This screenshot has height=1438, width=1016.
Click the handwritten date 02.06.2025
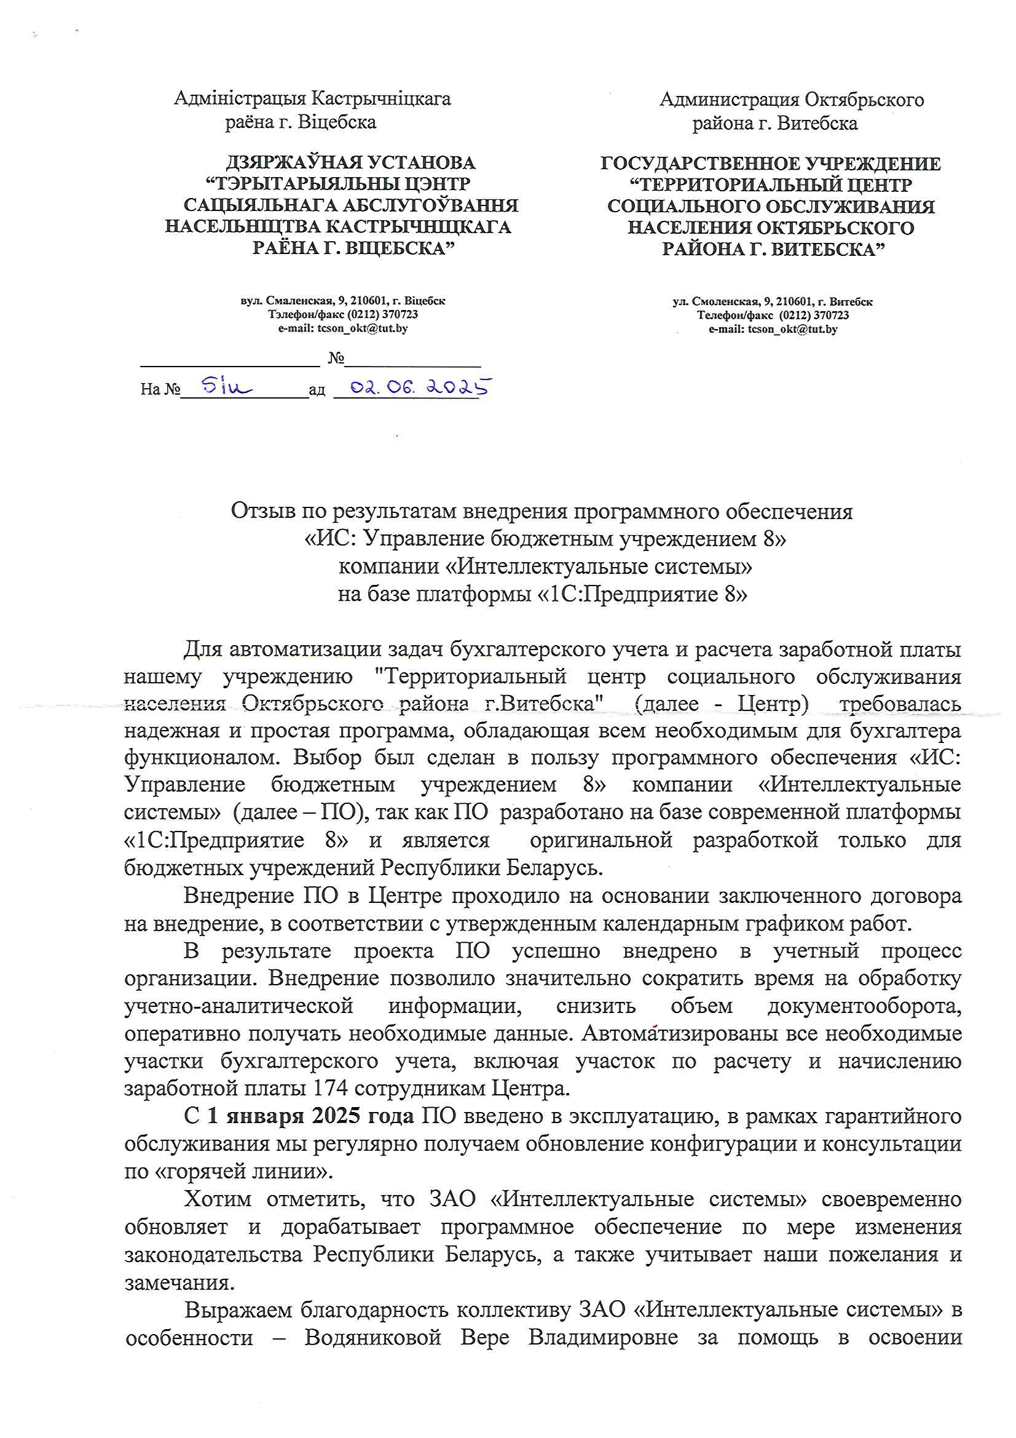[x=420, y=387]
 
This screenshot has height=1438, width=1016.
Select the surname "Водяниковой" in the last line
[x=372, y=1337]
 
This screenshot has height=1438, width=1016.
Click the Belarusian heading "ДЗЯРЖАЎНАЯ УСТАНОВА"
[x=350, y=163]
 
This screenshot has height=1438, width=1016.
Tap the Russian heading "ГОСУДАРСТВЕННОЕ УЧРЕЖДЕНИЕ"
[x=770, y=164]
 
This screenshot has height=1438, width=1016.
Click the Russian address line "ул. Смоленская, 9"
[x=772, y=302]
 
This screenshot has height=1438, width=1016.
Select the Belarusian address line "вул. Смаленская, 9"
[x=342, y=301]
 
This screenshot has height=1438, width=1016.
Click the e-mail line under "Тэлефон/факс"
[x=342, y=328]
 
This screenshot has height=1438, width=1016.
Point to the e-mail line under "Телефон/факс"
[x=773, y=330]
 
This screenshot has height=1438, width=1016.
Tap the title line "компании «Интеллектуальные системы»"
[x=545, y=566]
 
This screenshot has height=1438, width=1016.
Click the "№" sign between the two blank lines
[x=336, y=357]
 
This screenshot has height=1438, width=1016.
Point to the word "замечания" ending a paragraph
[x=179, y=1282]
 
